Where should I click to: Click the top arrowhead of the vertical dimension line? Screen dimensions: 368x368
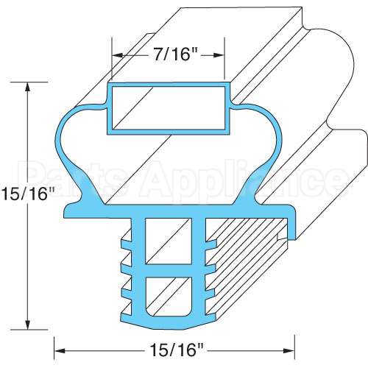(28, 85)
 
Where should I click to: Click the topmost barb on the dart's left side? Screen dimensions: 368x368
(123, 237)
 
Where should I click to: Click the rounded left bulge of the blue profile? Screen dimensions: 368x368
(62, 136)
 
